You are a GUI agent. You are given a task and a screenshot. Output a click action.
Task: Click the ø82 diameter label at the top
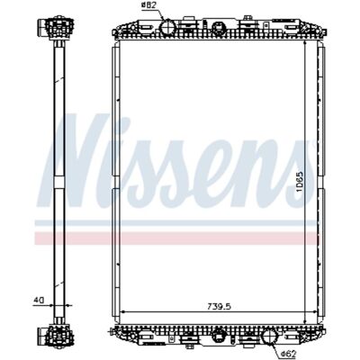(148, 5)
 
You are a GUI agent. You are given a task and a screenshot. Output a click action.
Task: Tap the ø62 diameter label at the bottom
(289, 355)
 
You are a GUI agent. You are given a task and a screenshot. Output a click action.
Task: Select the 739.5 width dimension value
(220, 307)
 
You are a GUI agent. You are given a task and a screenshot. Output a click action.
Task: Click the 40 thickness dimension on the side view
(39, 300)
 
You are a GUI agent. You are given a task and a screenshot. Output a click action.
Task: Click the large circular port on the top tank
(167, 27)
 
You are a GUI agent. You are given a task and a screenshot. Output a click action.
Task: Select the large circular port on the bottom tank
(270, 337)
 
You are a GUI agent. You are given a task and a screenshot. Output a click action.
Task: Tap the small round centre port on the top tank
(217, 28)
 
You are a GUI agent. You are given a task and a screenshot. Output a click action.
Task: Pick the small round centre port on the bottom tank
(217, 337)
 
